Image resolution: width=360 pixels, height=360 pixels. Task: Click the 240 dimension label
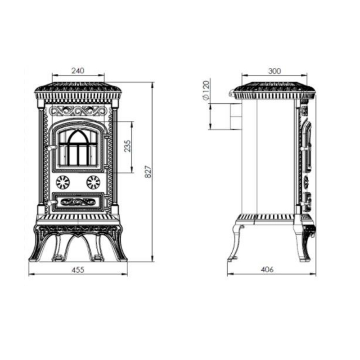coord(78,71)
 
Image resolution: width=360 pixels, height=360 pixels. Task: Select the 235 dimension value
coord(127,146)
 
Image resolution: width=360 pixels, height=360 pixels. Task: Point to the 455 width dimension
coord(78,270)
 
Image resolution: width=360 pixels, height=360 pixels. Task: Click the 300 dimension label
coord(274,71)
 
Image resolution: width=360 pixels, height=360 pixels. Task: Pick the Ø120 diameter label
coord(206,90)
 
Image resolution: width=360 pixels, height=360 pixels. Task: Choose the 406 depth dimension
coord(267,269)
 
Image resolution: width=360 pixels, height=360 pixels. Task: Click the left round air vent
coord(63,183)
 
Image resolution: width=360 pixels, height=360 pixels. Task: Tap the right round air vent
coord(93,183)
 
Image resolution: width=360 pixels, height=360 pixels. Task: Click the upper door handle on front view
coord(52,148)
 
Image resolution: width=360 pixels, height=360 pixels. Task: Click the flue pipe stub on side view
coord(236,116)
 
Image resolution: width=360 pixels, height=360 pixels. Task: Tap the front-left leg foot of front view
coord(34,259)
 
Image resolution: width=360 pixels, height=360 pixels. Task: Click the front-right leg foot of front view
coord(121,259)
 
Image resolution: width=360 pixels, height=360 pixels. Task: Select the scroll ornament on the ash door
coord(78,202)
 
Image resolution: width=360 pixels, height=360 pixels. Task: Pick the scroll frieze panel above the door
coord(78,111)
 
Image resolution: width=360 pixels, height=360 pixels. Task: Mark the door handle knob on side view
coord(304,149)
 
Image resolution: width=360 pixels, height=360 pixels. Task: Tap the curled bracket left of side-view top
coord(232,92)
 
